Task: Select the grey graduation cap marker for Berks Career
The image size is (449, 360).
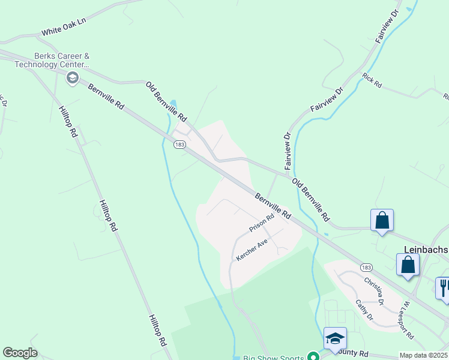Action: click(x=72, y=77)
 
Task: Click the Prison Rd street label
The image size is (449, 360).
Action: click(x=262, y=223)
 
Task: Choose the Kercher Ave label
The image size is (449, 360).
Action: click(x=252, y=250)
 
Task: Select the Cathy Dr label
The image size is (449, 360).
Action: click(x=365, y=310)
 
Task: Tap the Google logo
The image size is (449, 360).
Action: click(x=20, y=353)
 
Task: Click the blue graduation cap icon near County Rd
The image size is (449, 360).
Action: click(x=334, y=338)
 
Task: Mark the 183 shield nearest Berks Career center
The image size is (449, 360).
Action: click(x=179, y=145)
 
